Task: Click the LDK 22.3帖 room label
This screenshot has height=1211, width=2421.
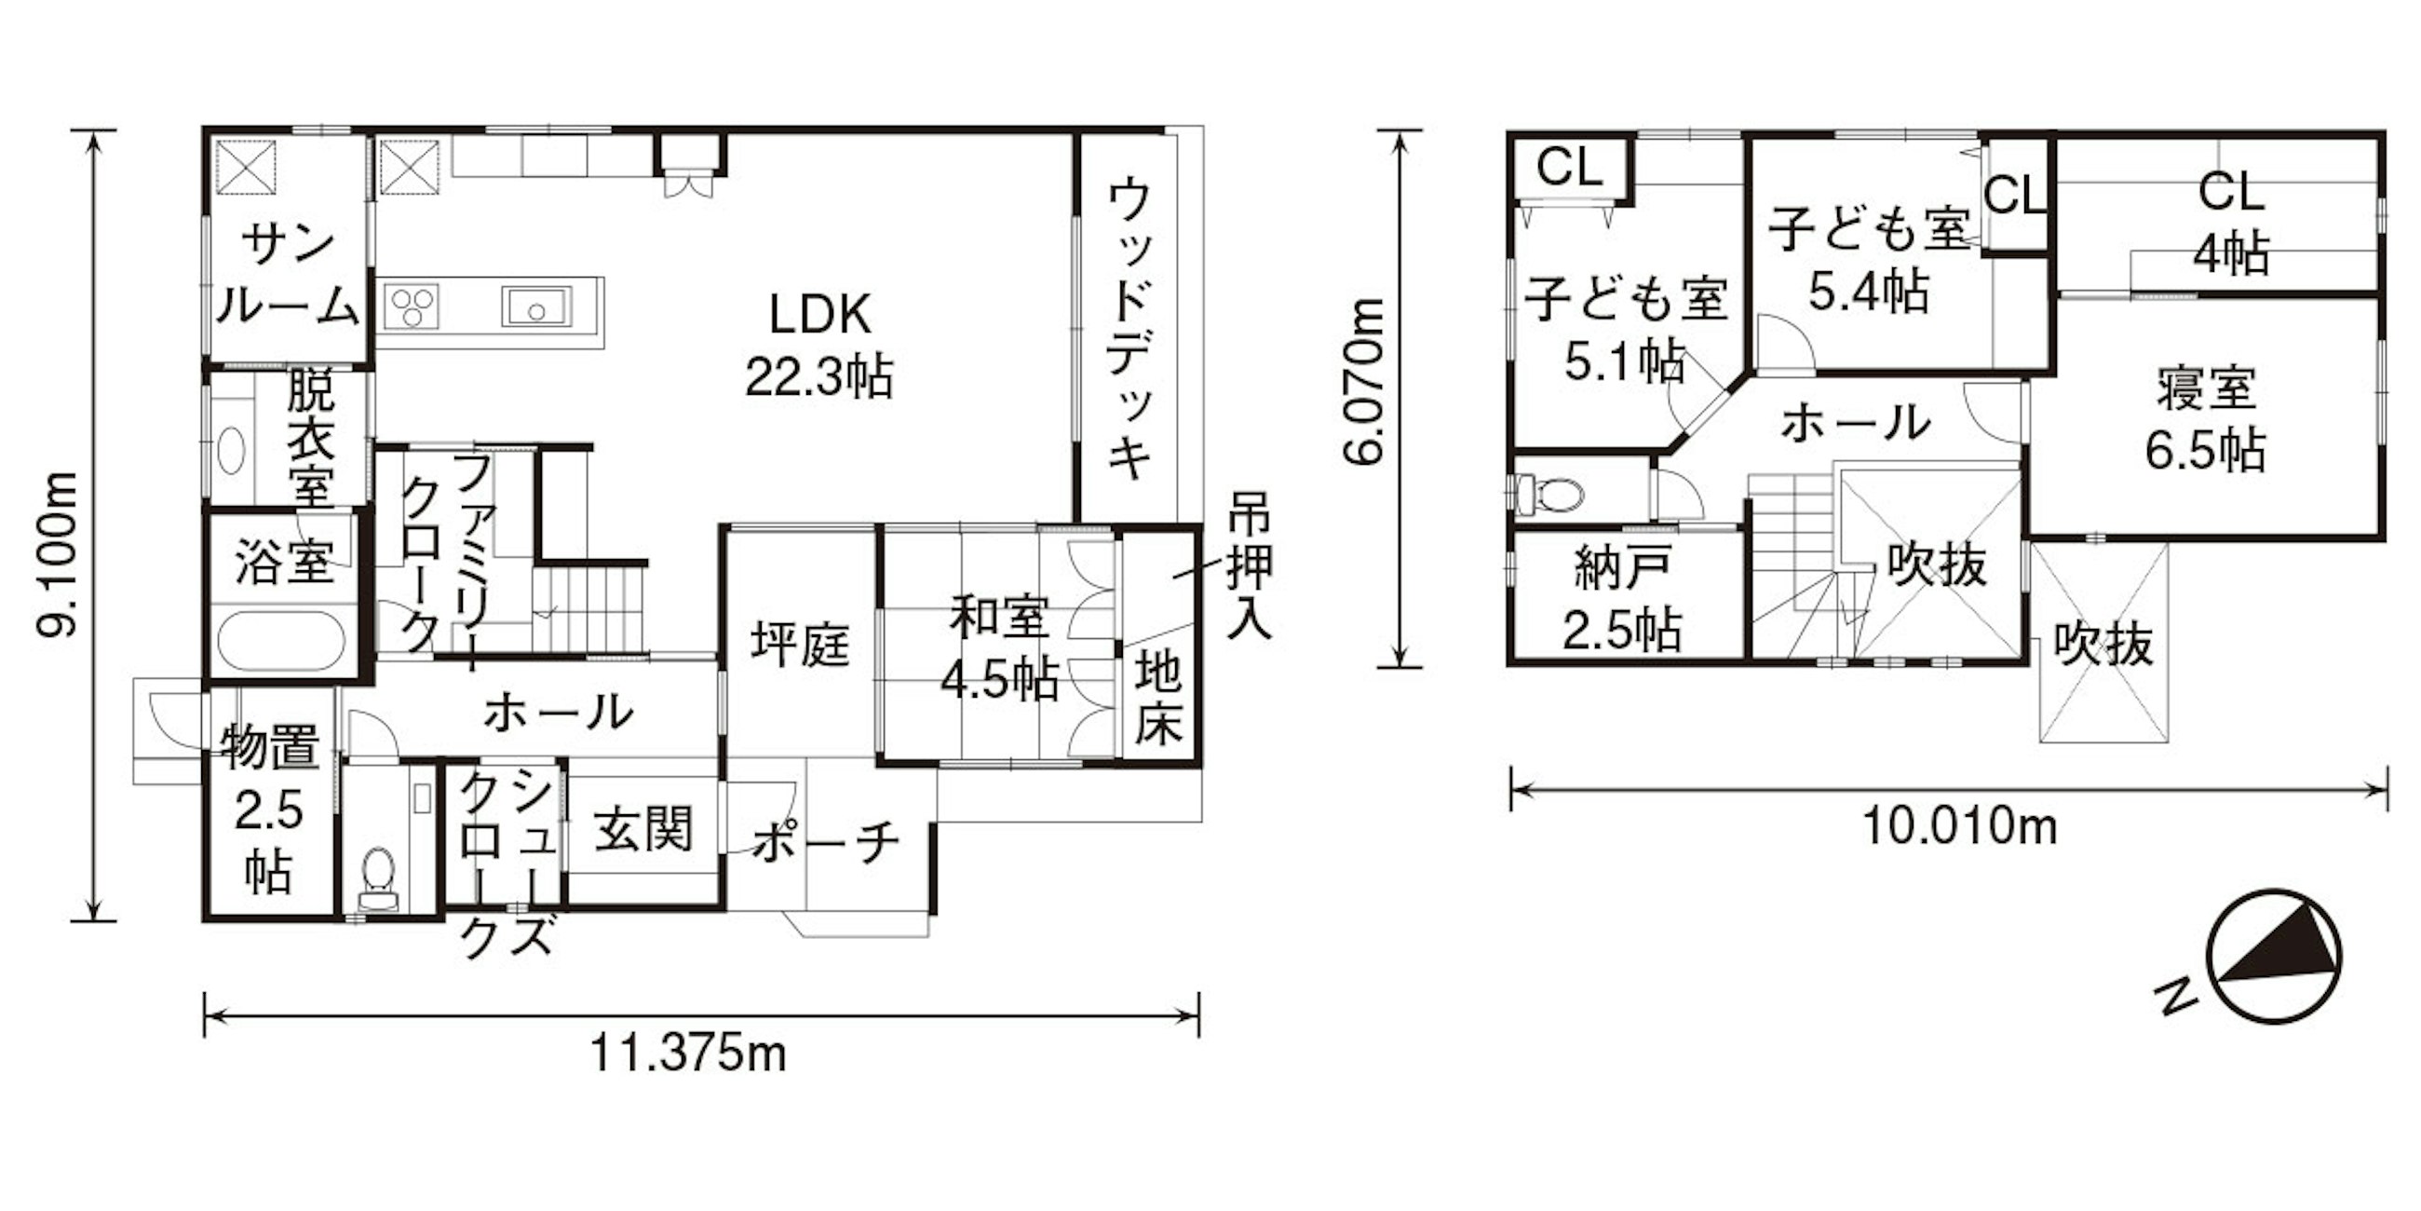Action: (x=818, y=346)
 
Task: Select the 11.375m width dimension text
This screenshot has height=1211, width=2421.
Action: (x=688, y=1053)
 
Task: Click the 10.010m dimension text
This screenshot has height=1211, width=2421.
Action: (x=1959, y=828)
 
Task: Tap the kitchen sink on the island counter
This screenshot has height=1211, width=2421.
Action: (x=535, y=306)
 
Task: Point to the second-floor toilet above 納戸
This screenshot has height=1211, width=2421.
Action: (x=1549, y=494)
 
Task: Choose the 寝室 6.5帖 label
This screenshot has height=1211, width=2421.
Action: (x=2205, y=420)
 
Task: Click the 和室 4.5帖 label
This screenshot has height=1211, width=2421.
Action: (x=1000, y=648)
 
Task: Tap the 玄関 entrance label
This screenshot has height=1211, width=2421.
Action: (x=643, y=829)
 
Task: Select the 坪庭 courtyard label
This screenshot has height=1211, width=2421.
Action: (x=800, y=645)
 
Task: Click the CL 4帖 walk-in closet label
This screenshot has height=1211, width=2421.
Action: (x=2231, y=223)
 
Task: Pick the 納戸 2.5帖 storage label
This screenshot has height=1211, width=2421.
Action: (x=1622, y=600)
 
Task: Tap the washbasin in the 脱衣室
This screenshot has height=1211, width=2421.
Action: (x=231, y=449)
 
